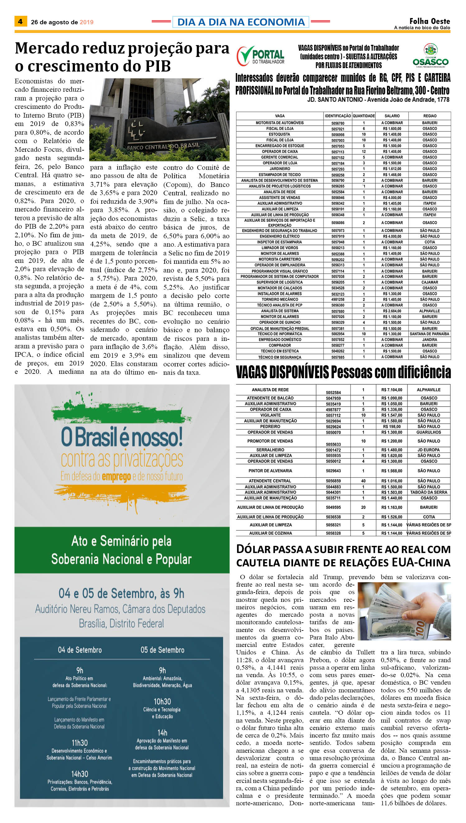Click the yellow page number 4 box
21,21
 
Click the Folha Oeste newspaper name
430,21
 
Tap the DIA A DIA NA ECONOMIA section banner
241,22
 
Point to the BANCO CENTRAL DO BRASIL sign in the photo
163,146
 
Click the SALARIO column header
392,116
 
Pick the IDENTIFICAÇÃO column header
338,116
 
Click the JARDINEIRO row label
280,169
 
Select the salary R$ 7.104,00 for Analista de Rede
392,390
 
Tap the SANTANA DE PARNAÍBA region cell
430,334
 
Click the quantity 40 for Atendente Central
363,481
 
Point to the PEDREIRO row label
270,426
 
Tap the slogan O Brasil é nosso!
122,437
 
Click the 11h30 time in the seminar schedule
79,743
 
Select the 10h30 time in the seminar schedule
162,701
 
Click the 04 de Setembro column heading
80,650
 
